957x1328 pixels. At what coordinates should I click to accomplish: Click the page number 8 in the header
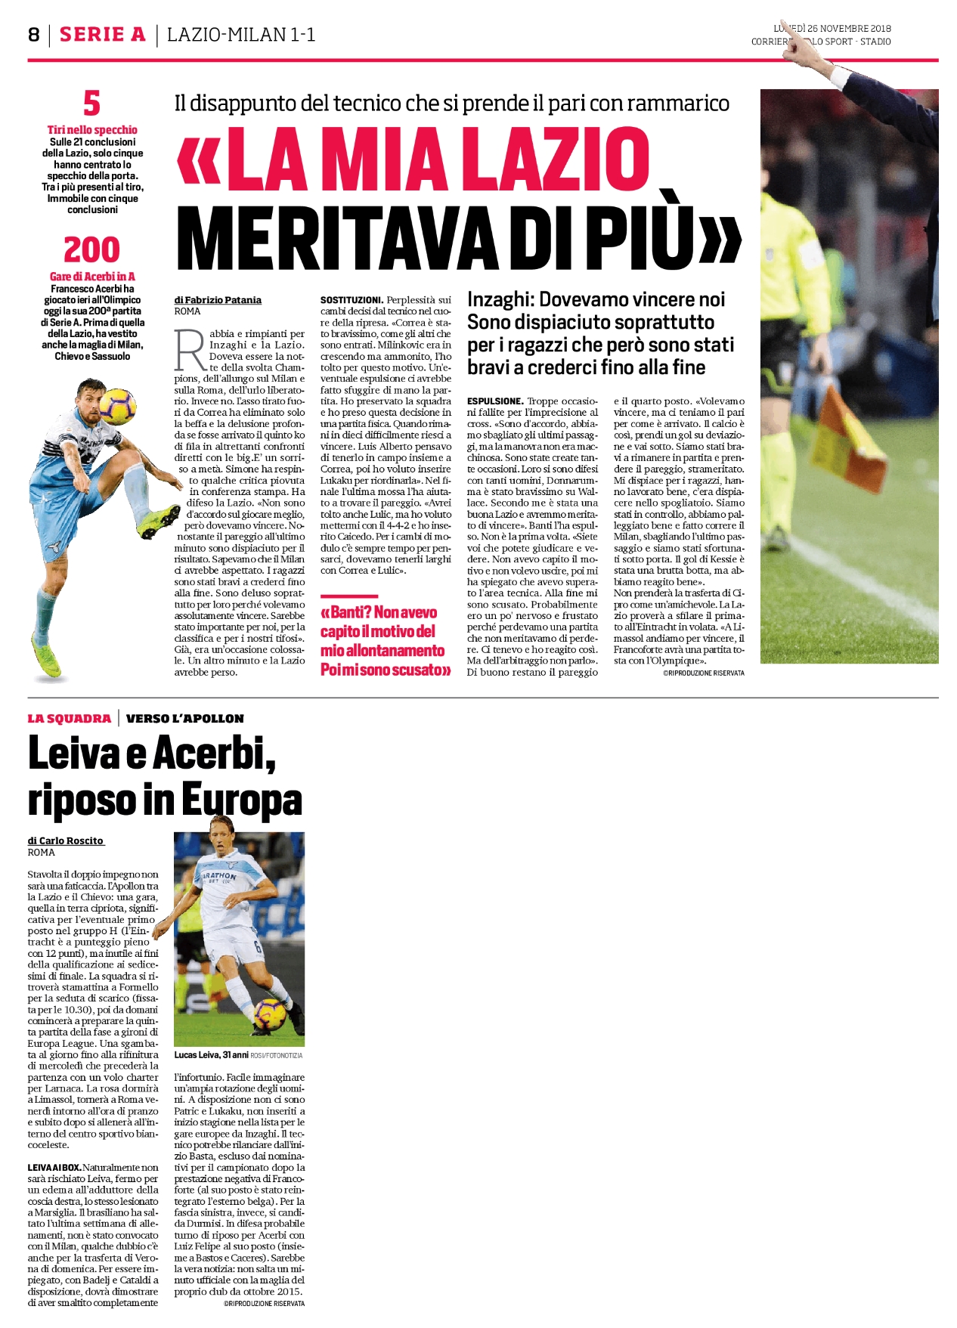[34, 35]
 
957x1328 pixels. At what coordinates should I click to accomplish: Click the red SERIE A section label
[102, 35]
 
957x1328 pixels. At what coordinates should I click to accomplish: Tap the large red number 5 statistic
[91, 104]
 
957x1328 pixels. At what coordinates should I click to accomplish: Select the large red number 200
[91, 249]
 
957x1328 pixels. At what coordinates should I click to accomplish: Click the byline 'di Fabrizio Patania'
[218, 300]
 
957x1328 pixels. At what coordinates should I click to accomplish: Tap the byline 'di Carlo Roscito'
[66, 840]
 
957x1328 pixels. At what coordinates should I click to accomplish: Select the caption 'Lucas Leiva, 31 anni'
[211, 1054]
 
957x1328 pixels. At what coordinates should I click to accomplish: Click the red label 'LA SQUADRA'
[69, 718]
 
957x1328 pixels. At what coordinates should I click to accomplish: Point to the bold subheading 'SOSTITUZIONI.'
[352, 300]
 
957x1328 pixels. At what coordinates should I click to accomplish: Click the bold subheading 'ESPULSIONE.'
[494, 401]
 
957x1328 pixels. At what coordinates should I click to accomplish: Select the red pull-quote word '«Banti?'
[345, 613]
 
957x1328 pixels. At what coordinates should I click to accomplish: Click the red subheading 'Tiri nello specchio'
[92, 130]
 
